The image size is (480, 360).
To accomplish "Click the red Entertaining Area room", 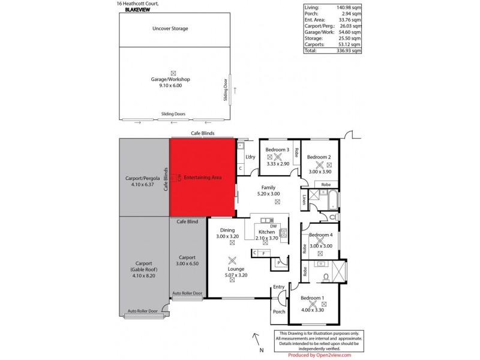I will point(203,178).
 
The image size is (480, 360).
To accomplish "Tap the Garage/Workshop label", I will point(170,79).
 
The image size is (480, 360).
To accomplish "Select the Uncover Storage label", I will point(170,29).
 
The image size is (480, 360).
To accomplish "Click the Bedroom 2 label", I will point(319,157).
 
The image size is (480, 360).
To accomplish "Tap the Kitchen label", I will point(266,232).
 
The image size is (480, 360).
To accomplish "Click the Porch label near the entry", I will point(279,311).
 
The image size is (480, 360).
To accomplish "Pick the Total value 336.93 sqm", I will point(349,51).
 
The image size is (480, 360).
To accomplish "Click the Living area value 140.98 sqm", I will point(349,8).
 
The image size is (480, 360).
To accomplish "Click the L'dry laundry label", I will point(251,157).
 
